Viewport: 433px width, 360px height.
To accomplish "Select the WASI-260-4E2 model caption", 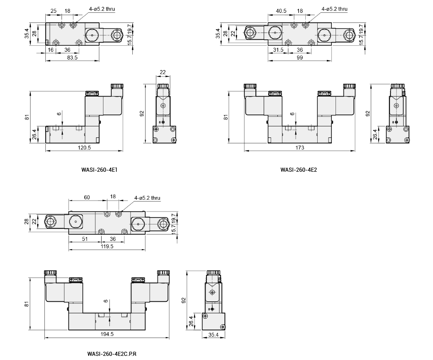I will point(299,169).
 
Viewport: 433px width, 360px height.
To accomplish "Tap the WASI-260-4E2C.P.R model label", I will point(112,354).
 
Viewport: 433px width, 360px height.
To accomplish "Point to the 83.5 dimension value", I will point(72,58).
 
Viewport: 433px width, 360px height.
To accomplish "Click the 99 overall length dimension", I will point(300,58).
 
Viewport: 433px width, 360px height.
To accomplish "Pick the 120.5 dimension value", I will point(84,148).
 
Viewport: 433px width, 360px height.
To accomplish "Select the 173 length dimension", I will point(300,148).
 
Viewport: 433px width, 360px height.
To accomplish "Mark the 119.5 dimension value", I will point(107,246).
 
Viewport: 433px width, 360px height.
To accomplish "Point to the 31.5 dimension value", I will point(278,50).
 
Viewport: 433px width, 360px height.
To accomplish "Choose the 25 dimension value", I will point(53,11).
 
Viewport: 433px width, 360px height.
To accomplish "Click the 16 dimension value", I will point(50,50).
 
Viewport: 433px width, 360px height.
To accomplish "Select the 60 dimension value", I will point(87,197).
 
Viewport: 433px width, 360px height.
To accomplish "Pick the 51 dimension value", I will point(85,238).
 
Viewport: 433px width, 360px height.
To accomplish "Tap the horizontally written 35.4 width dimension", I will point(214,334).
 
